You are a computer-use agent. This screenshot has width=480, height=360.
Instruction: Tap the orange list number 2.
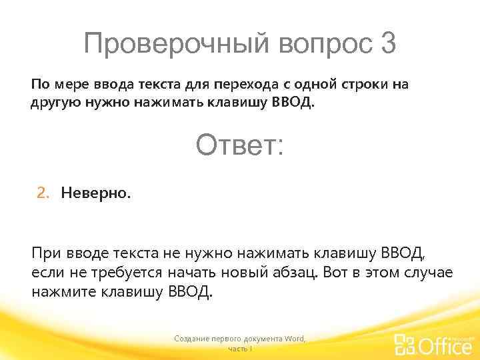point(42,193)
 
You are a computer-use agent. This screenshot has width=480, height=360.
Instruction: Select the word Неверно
point(96,193)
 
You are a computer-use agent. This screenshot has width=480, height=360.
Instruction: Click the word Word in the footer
point(294,339)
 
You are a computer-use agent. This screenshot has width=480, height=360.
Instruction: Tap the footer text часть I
point(239,349)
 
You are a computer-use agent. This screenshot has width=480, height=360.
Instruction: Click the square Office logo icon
point(405,345)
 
